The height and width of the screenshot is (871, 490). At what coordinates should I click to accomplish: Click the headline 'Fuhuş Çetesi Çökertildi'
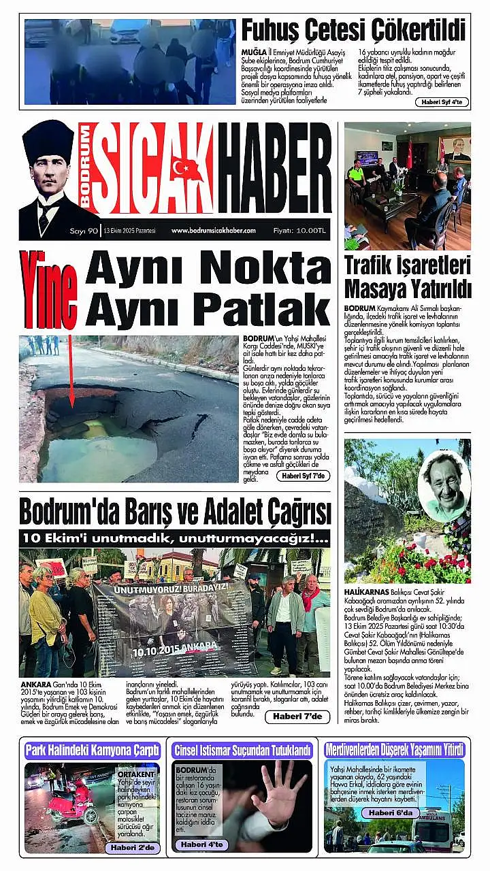[x=353, y=31]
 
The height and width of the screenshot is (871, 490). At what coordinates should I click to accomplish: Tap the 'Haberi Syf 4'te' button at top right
[x=441, y=102]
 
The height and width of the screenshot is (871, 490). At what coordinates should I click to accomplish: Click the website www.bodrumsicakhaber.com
[x=213, y=231]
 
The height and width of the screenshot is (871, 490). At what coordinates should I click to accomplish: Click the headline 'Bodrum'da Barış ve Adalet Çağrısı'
[x=175, y=511]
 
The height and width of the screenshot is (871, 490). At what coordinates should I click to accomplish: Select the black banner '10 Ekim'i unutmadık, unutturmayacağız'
[x=175, y=538]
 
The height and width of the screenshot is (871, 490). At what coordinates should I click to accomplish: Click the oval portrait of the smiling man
[x=444, y=485]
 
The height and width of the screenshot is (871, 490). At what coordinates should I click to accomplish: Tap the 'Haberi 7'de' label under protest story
[x=297, y=716]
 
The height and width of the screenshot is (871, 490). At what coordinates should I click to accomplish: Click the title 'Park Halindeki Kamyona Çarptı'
[x=93, y=751]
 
